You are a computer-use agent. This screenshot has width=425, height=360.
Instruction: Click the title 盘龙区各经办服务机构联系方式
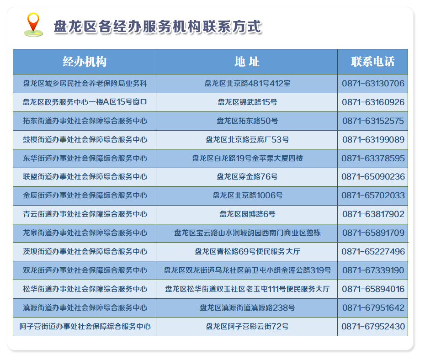coord(158,27)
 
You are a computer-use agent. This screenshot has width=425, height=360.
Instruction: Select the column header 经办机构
coord(85,62)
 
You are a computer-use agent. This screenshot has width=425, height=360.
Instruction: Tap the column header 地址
coord(247,62)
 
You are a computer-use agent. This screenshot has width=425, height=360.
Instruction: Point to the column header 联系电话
coord(372,62)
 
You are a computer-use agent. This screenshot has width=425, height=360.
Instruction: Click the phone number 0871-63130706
coord(373,84)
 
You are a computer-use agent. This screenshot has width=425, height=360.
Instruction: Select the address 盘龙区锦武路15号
coord(247,102)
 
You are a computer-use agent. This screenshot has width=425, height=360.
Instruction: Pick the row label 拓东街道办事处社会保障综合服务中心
coord(85,121)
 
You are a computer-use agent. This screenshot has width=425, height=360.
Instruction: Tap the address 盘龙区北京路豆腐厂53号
coord(247,140)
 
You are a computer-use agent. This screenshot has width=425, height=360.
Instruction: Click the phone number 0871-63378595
coord(373,159)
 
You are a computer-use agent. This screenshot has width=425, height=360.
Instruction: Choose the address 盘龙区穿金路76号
coord(247,177)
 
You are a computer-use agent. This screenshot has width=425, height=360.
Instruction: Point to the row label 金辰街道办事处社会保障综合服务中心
coord(85,196)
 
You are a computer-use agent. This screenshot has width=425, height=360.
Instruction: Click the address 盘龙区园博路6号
coord(247,214)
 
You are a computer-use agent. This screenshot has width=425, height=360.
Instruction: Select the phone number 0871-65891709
coord(373,233)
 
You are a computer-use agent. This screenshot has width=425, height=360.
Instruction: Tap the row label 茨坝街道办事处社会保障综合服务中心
coord(85,252)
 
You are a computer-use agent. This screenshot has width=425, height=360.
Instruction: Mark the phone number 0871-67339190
coord(373,270)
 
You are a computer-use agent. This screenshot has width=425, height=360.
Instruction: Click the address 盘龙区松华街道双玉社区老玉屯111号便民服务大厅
coord(247,289)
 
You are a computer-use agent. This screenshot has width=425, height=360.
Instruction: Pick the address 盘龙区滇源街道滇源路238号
coord(247,308)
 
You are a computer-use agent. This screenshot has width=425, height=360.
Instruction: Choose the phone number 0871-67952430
coord(373,327)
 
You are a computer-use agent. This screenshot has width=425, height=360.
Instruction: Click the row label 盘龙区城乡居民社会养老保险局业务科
coord(85,84)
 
